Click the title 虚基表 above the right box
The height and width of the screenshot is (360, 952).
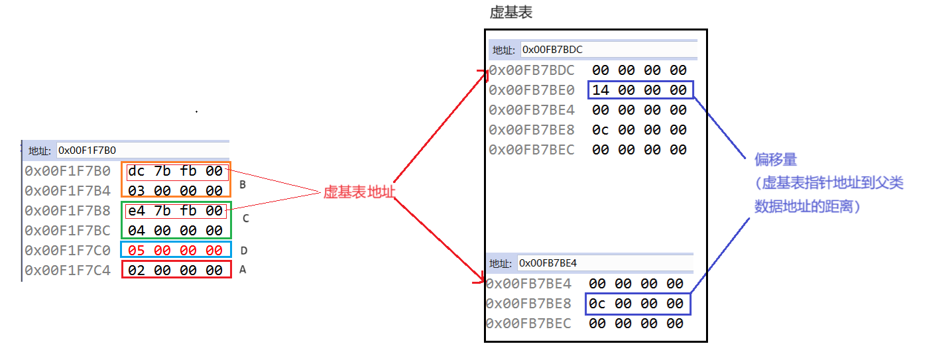click(x=511, y=13)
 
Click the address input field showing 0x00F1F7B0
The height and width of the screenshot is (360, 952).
click(x=142, y=150)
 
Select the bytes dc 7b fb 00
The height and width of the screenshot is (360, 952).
click(x=176, y=172)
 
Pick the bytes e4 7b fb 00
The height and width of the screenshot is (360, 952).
click(x=176, y=211)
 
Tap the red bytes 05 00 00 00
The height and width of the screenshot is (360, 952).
click(x=176, y=250)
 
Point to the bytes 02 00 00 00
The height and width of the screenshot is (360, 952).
click(x=176, y=270)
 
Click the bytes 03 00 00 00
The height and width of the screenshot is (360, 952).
click(x=176, y=191)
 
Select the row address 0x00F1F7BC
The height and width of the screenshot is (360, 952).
click(x=68, y=231)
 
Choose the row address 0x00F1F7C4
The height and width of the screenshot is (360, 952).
click(x=68, y=270)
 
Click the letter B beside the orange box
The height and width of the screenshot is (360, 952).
click(x=243, y=185)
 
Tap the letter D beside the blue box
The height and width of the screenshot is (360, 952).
click(x=243, y=251)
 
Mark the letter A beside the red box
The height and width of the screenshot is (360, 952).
click(x=243, y=270)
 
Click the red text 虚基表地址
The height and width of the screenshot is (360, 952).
click(x=358, y=192)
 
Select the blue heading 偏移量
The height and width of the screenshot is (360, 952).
click(x=776, y=160)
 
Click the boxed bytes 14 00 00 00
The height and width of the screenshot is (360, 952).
click(x=640, y=90)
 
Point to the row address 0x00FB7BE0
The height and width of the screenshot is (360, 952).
click(x=532, y=90)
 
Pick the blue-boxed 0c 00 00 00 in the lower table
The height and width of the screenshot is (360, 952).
click(x=636, y=304)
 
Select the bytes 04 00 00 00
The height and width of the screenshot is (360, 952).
click(x=176, y=231)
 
